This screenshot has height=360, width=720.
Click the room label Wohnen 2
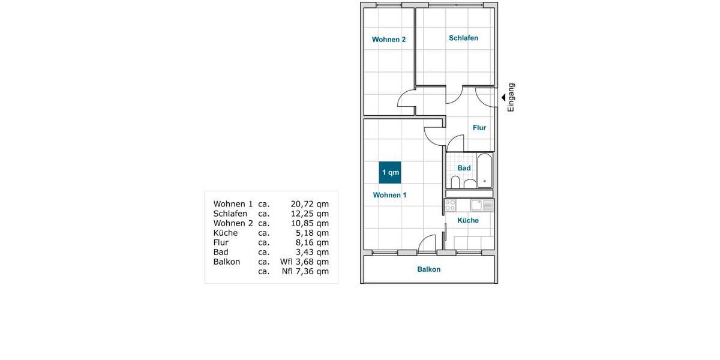point(389,40)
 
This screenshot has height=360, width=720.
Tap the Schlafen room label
point(463,38)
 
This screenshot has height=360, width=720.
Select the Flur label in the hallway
point(479,128)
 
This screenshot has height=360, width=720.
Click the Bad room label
point(464,168)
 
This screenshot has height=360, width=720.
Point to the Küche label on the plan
point(468,220)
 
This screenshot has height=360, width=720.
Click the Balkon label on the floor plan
point(429,269)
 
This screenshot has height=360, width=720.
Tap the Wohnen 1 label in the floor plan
point(389,195)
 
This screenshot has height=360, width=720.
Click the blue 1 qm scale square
point(390,173)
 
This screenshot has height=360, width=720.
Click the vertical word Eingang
point(511,97)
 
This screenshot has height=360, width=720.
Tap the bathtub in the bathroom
point(485,172)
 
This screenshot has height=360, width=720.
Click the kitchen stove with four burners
point(450,205)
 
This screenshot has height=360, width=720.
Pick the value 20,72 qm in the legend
point(310,204)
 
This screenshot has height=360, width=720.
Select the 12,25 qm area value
point(310,214)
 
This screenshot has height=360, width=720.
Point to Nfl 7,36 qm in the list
point(305,271)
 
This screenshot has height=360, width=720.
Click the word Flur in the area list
point(221,242)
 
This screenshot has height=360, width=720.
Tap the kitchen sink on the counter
point(476,205)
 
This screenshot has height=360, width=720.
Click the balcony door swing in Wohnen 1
point(427,243)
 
